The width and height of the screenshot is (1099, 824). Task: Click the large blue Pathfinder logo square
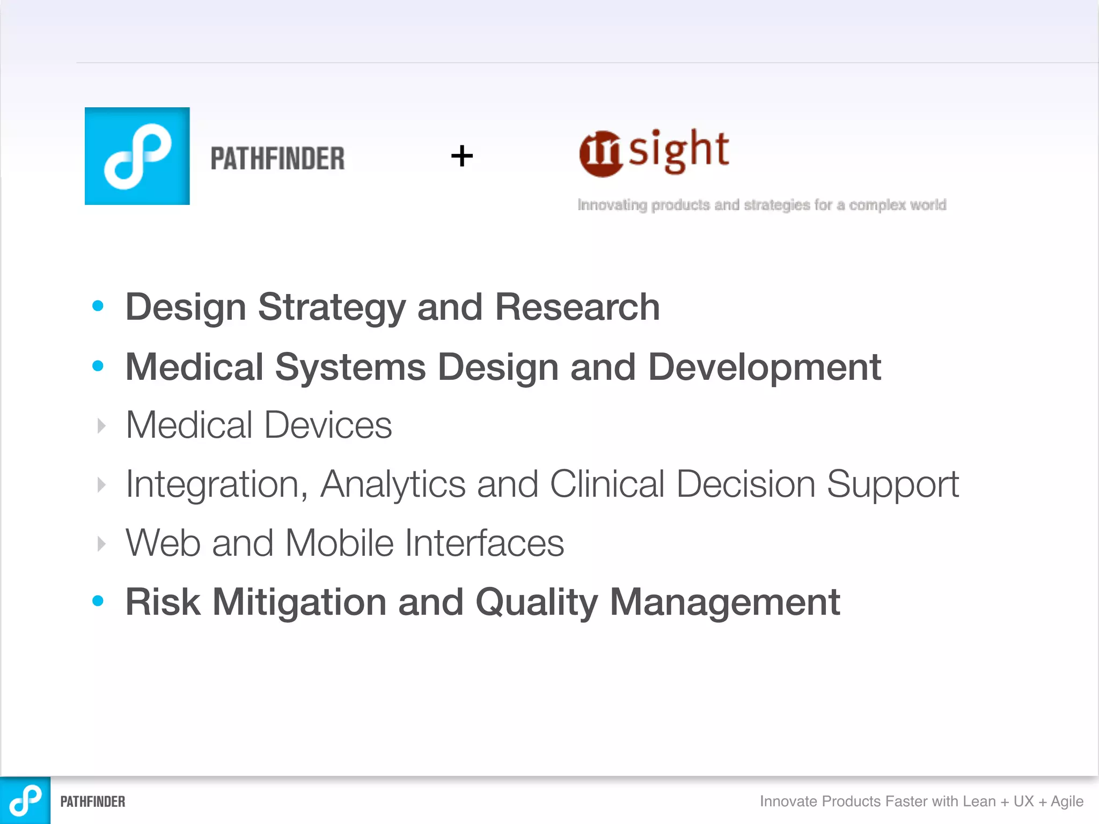tap(137, 156)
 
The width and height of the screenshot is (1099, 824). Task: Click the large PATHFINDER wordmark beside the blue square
tap(277, 159)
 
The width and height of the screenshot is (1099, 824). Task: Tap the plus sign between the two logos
tap(462, 156)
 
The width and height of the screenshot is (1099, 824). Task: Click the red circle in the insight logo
tap(601, 154)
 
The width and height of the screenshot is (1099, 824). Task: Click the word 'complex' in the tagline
tap(877, 205)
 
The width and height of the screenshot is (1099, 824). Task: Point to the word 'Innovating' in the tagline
tap(612, 205)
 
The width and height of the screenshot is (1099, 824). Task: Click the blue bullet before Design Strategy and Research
tap(98, 306)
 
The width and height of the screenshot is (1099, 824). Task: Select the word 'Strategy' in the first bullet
tap(331, 307)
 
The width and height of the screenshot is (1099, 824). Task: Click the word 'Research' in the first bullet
tap(577, 307)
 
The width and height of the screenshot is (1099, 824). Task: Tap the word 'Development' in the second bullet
tap(764, 367)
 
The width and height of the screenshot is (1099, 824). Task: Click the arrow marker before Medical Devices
tap(101, 426)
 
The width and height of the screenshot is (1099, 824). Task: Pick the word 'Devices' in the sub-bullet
tap(328, 425)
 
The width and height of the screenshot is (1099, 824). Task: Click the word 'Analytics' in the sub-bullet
tap(392, 484)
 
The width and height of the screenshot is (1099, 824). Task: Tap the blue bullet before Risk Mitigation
tap(98, 601)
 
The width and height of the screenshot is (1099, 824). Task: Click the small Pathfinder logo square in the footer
tap(25, 800)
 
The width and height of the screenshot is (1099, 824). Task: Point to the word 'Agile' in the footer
tap(1067, 801)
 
